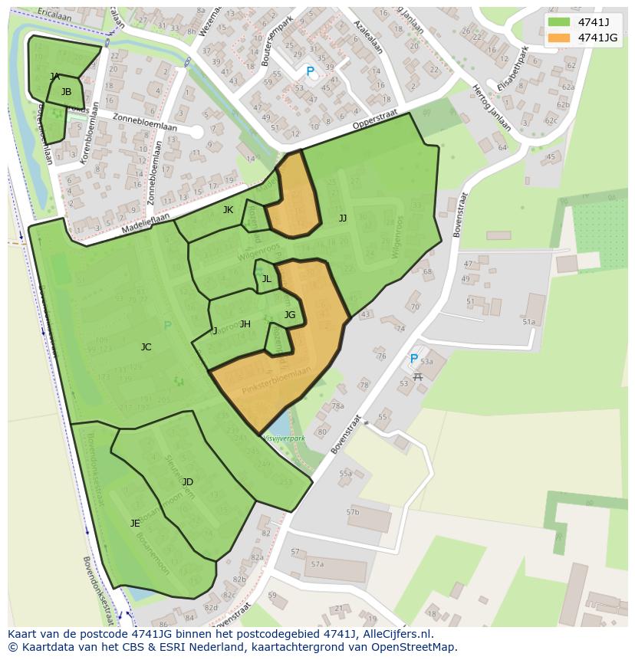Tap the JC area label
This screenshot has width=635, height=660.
pos(146,347)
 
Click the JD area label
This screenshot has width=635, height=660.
pos(187,482)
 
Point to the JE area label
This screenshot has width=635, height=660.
pos(135,524)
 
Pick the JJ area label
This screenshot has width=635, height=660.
pos(343,218)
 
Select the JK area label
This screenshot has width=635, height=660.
pos(228,210)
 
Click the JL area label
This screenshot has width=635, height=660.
pos(266,279)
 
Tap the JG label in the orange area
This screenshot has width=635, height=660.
pos(289,315)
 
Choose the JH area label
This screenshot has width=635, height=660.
pos(245,324)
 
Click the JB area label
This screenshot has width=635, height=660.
pos(66,92)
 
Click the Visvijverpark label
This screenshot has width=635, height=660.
pos(284,438)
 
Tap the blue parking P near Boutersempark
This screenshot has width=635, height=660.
pos(310,71)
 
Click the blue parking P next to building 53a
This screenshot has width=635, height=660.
pos(413,359)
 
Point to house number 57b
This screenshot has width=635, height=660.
pos(352,511)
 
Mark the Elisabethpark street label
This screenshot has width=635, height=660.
pos(512,71)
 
